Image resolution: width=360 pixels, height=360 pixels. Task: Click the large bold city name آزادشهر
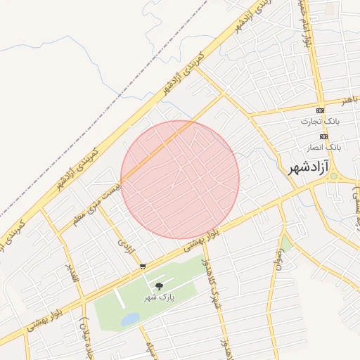[309, 169]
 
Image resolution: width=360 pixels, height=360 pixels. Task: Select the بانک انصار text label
[323, 148]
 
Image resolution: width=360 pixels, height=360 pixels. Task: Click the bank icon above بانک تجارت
[321, 111]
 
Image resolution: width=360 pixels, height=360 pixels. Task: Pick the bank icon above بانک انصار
[323, 136]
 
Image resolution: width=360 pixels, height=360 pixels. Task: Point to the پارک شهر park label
[159, 297]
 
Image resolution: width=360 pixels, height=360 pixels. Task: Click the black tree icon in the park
[160, 285]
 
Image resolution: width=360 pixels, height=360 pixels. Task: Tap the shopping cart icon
[143, 266]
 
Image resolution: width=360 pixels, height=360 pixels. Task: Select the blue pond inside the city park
[130, 320]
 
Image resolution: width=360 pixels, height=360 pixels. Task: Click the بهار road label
[349, 101]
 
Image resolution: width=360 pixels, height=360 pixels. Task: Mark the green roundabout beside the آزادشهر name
[334, 177]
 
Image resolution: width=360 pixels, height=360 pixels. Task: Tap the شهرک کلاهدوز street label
[212, 281]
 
